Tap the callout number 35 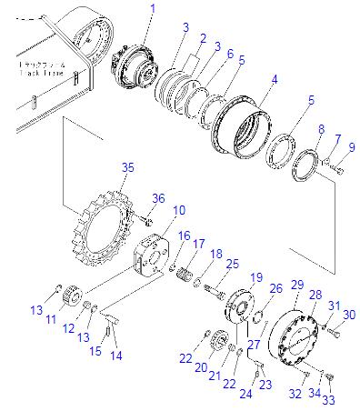[x=127, y=168]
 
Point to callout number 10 [x=178, y=210]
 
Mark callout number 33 [x=328, y=399]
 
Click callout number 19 [x=256, y=276]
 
